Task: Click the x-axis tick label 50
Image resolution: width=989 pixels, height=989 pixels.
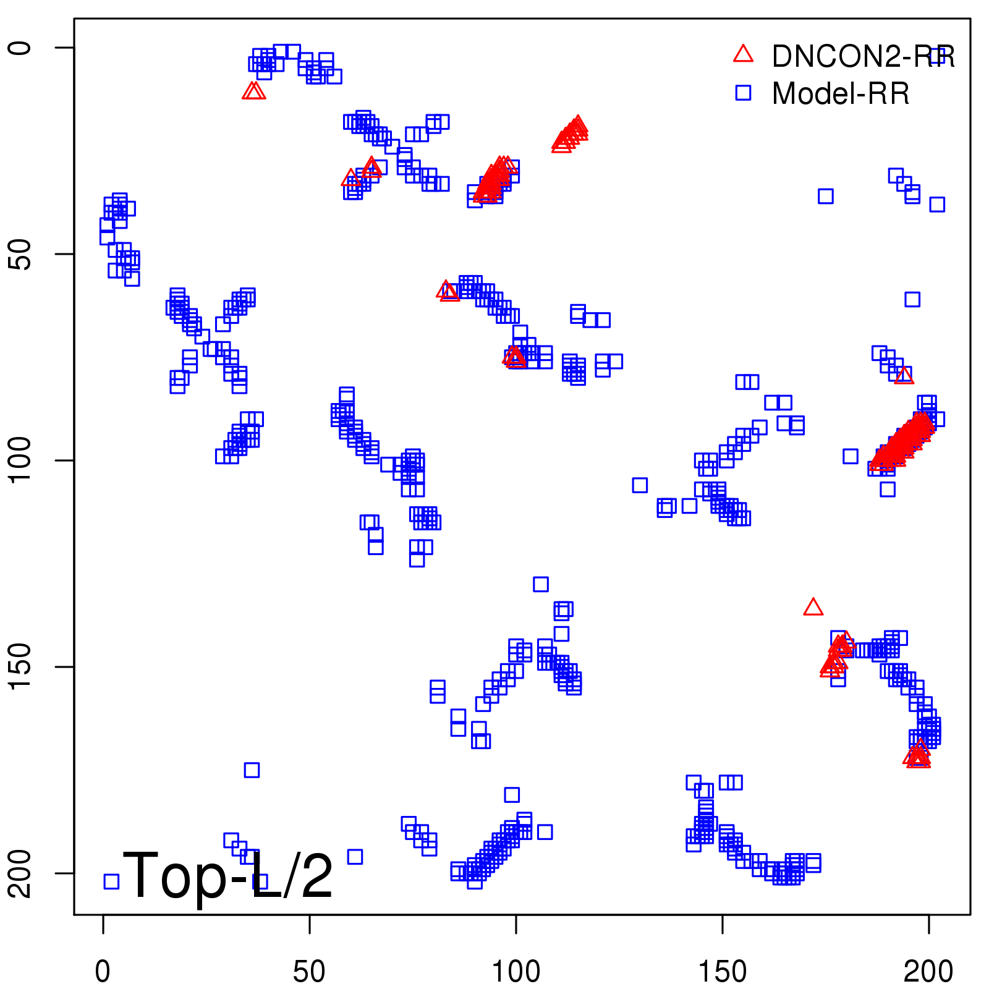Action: (x=309, y=972)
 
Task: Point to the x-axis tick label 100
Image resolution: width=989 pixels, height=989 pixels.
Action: (x=516, y=972)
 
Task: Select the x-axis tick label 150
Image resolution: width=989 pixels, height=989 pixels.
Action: (x=722, y=972)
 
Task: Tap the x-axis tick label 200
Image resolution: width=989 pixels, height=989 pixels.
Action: (x=928, y=972)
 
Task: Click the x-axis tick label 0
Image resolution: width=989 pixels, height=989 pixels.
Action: (x=103, y=972)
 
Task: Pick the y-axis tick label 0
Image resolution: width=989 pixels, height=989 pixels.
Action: (x=20, y=48)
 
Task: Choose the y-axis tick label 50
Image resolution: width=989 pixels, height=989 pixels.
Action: (x=20, y=254)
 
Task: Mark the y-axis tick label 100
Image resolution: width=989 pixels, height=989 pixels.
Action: (x=20, y=461)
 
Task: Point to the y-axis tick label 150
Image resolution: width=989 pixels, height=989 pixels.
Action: (x=20, y=666)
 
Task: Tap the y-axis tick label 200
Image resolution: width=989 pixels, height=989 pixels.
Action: (x=20, y=873)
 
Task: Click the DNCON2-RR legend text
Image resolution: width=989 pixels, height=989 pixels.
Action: (x=863, y=57)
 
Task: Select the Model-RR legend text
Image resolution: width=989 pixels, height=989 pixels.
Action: (x=841, y=94)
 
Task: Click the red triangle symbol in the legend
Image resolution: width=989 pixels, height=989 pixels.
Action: (x=743, y=54)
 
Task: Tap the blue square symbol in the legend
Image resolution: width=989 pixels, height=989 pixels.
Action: (x=743, y=93)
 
